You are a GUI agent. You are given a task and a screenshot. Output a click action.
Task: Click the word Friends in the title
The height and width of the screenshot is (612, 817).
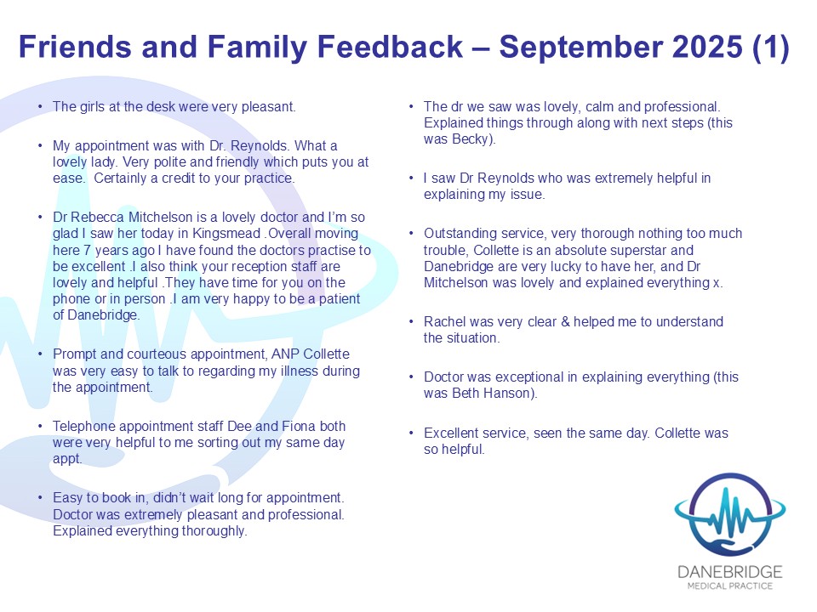click(x=76, y=46)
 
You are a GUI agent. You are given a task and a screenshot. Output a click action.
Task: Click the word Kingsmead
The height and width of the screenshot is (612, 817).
click(x=226, y=234)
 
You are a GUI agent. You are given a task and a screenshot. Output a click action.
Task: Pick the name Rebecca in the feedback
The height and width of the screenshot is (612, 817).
click(x=97, y=217)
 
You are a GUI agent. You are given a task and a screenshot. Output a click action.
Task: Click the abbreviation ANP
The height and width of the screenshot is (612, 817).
click(x=286, y=354)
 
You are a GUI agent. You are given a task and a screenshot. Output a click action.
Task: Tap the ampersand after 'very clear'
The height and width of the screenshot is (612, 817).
click(x=565, y=321)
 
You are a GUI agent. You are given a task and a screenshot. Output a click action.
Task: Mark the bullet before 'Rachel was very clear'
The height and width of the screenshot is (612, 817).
click(x=411, y=321)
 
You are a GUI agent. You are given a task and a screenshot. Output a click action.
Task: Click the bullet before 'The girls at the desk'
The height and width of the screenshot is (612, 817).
click(x=40, y=107)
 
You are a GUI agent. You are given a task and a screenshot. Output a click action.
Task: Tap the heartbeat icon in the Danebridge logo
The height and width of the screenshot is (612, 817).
click(x=730, y=515)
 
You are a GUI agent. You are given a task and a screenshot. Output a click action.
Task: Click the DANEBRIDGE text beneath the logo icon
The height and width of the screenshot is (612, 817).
click(x=730, y=572)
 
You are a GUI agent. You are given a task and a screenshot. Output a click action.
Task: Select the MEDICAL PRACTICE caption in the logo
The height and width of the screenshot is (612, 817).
click(x=730, y=586)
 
